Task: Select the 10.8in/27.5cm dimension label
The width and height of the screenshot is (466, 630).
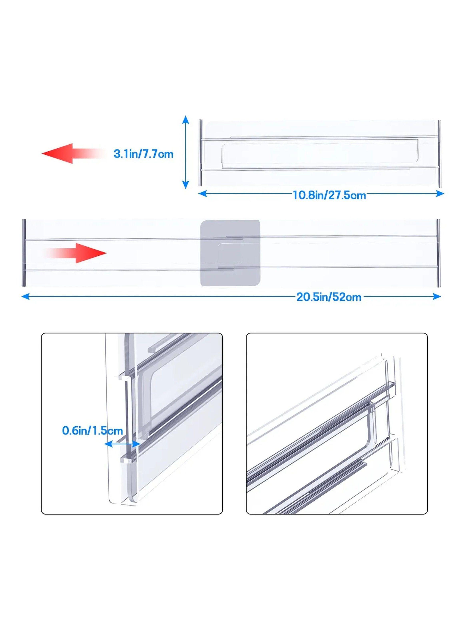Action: [329, 195]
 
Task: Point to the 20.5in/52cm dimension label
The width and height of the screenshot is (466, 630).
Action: [329, 297]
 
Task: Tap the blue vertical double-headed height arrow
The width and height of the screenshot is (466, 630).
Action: [185, 152]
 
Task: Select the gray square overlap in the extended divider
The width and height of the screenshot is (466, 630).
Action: [230, 253]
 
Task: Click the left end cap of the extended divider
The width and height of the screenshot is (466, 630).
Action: [24, 253]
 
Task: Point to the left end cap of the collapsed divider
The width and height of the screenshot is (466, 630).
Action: [201, 153]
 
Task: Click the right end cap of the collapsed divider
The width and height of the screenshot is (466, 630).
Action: [439, 153]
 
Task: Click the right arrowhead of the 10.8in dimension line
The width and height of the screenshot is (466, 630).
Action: [440, 194]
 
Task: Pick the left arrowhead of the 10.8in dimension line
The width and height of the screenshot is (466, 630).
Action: [203, 194]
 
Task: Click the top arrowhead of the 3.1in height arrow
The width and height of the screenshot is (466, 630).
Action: [185, 120]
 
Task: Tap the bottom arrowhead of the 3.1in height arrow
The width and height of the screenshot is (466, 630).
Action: [185, 185]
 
